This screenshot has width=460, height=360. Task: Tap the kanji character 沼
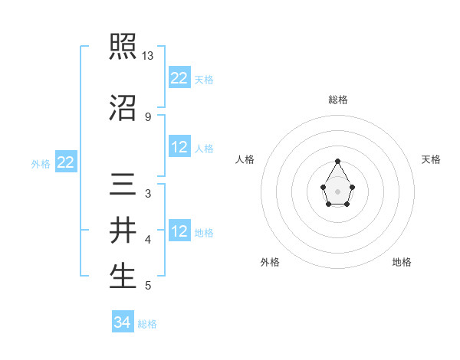[123, 107]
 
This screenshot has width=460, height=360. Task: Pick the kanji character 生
[123, 276]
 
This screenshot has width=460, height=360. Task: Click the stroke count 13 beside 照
[148, 57]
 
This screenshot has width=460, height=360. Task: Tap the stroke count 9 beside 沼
[147, 116]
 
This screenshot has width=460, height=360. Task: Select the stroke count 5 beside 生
[147, 286]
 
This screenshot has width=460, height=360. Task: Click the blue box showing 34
[122, 322]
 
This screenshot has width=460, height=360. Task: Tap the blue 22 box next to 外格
[65, 162]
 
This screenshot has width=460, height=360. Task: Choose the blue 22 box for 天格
[179, 78]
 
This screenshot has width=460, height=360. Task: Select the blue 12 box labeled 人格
[179, 147]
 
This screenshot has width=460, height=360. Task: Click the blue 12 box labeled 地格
[179, 231]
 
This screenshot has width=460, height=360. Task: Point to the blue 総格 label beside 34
[147, 324]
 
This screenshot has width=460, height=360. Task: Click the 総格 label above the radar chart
[338, 100]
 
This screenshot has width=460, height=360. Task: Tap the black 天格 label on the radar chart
[431, 159]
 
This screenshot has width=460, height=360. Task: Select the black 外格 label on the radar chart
[270, 262]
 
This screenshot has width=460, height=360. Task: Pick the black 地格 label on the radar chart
[402, 262]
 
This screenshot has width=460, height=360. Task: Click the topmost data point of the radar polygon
[338, 161]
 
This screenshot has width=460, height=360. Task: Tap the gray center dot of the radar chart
[338, 191]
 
